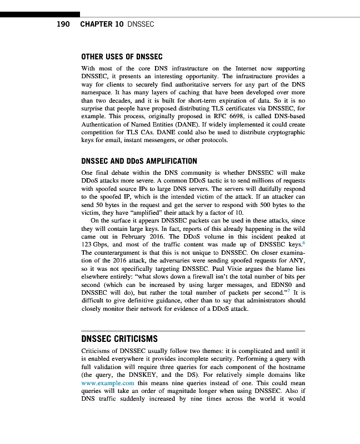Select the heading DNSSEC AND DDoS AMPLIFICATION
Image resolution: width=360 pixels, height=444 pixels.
pyautogui.click(x=139, y=161)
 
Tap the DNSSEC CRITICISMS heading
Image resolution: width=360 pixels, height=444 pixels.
pyautogui.click(x=119, y=339)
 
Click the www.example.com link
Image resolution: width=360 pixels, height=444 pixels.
pyautogui.click(x=108, y=383)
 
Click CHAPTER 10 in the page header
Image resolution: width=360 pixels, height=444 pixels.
pyautogui.click(x=102, y=24)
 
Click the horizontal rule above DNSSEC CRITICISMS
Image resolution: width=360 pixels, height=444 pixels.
pyautogui.click(x=193, y=331)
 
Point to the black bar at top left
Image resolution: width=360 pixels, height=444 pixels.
pyautogui.click(x=39, y=14)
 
